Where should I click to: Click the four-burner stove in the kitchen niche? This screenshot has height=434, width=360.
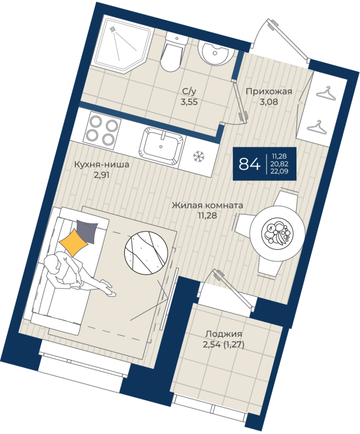click(x=103, y=130)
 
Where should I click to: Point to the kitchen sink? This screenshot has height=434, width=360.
click(x=162, y=146)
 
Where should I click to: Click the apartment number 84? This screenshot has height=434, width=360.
click(x=249, y=163)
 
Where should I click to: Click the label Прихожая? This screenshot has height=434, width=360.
click(x=268, y=91)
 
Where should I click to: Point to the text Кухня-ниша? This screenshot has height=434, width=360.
click(x=102, y=165)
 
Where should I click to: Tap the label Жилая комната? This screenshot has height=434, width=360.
click(x=207, y=206)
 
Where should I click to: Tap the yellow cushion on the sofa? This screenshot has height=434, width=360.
click(x=73, y=241)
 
